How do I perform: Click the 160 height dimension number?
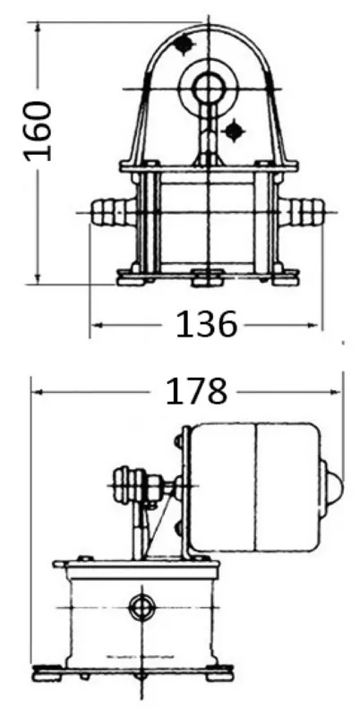click(38, 132)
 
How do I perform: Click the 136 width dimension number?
click(207, 325)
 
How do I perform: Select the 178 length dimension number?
click(196, 392)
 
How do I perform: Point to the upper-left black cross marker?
click(184, 44)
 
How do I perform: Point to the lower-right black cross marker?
click(234, 132)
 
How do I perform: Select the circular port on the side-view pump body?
click(142, 607)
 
